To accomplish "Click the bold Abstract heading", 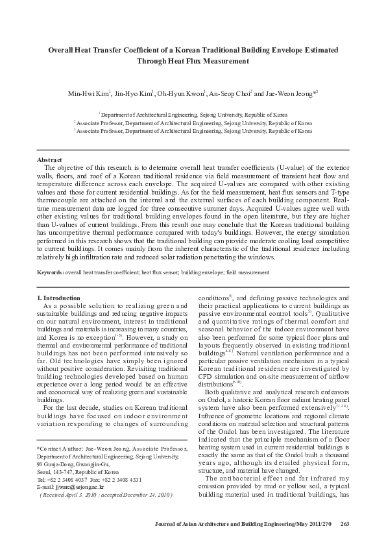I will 49,160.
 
